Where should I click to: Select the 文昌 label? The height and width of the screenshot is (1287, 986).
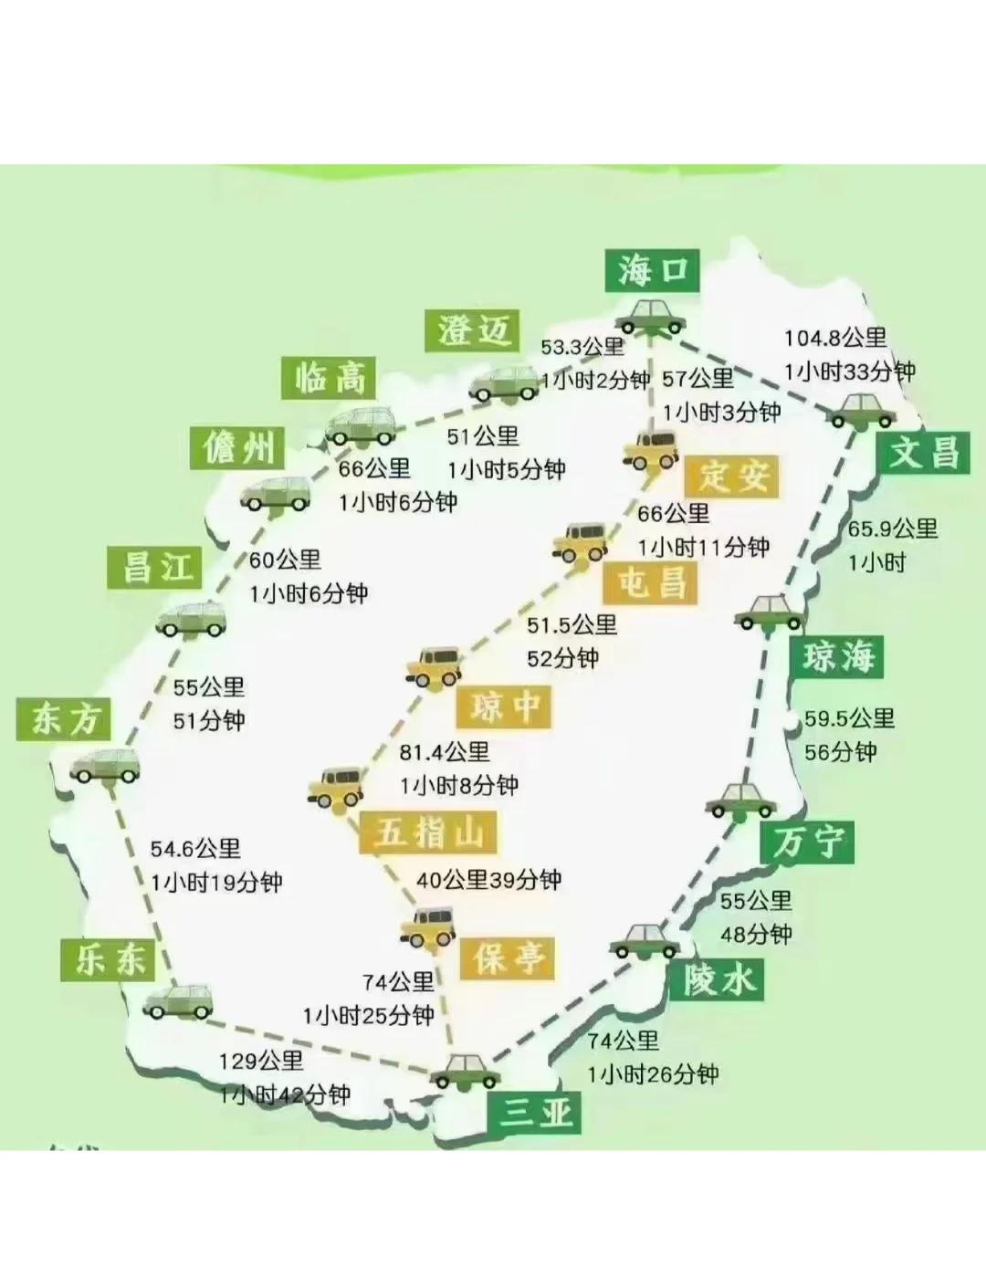924,451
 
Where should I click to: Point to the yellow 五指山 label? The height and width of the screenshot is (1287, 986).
428,832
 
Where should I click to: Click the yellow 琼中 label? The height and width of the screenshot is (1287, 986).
505,706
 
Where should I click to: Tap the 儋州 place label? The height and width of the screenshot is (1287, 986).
239,447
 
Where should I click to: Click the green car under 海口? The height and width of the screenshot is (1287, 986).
650,316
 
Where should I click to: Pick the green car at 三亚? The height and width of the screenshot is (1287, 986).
466,1071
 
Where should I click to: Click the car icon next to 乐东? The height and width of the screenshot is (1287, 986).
179,1001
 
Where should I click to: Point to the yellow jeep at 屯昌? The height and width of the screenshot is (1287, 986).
581,543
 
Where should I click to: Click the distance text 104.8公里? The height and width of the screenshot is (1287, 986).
835,338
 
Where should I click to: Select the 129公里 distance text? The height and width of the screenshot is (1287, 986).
261,1061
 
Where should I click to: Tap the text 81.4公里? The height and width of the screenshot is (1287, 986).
445,752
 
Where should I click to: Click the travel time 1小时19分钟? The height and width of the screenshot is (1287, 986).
216,883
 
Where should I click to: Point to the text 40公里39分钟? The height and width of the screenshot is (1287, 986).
488,880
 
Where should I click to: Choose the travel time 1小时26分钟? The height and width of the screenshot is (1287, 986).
653,1074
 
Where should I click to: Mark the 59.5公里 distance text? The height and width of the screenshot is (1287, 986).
849,718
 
